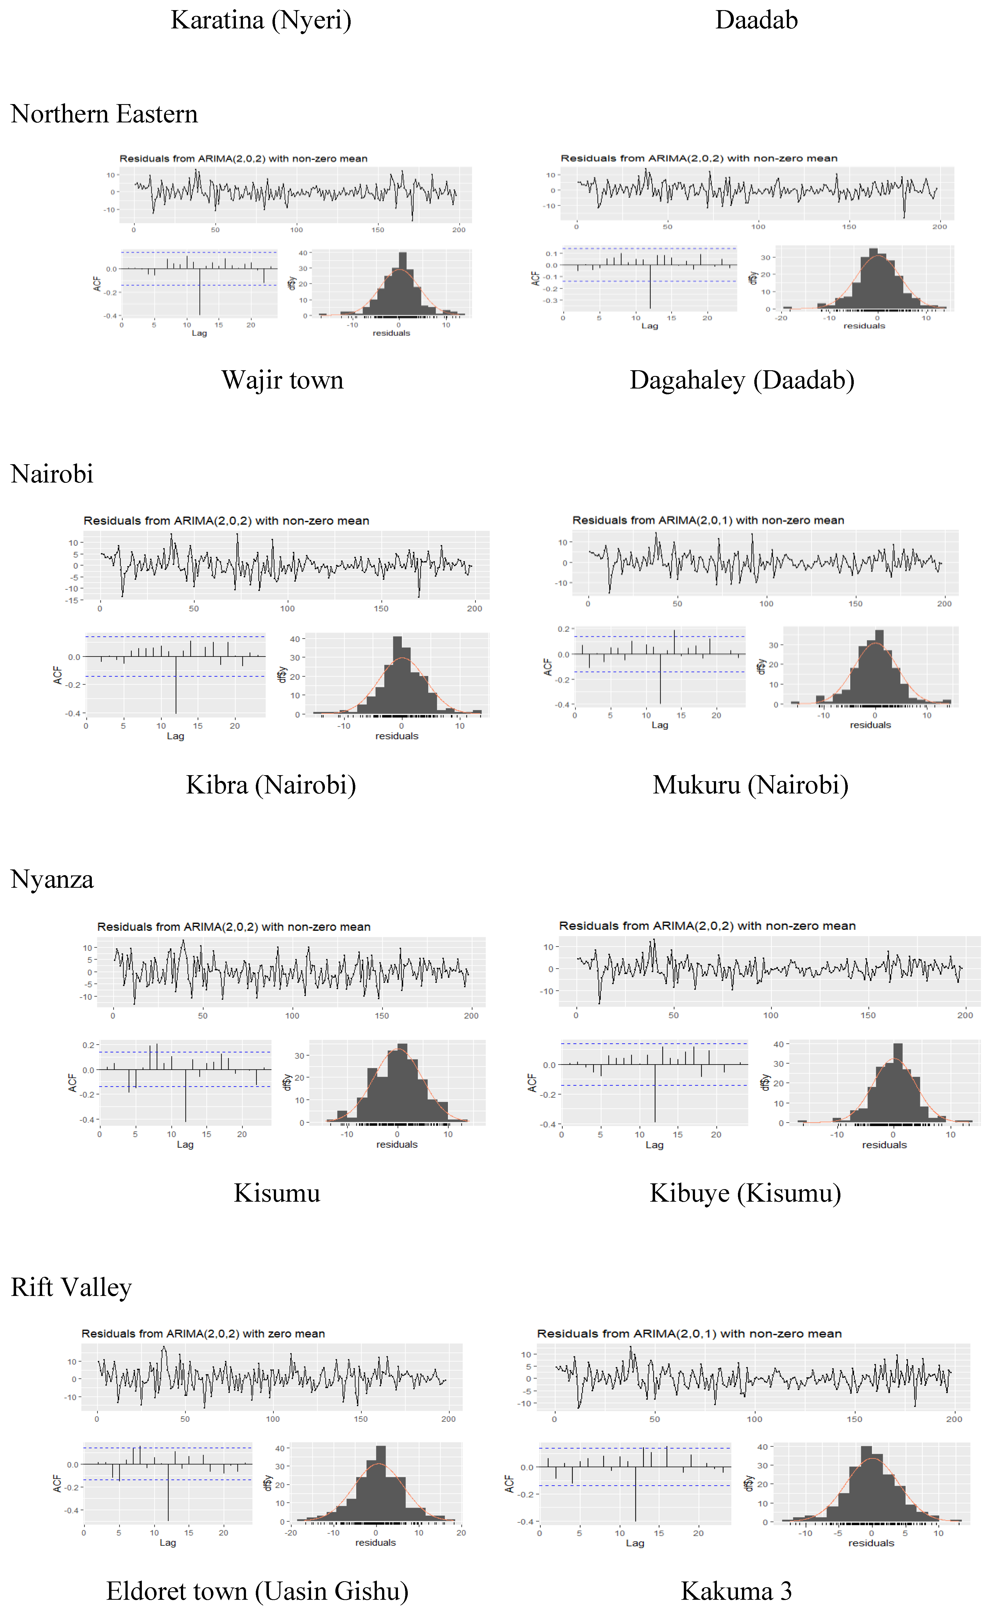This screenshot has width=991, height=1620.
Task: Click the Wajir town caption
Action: click(282, 380)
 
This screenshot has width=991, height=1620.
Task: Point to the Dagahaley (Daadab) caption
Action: click(742, 380)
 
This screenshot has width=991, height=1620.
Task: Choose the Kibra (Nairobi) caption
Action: click(271, 785)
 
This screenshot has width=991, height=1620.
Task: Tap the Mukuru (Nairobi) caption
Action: click(750, 785)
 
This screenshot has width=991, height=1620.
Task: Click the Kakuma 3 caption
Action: click(736, 1591)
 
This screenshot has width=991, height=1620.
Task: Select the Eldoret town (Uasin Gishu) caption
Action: click(257, 1591)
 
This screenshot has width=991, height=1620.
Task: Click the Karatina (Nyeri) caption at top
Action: click(261, 20)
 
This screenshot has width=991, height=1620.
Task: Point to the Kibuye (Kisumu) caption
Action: click(745, 1193)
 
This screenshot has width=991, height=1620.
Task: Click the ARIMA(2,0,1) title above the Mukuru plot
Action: click(708, 520)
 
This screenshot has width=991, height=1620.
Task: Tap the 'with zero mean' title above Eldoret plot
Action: click(203, 1333)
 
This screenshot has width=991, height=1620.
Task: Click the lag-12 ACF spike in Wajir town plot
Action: click(199, 293)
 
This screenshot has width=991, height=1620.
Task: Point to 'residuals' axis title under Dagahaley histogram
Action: click(864, 326)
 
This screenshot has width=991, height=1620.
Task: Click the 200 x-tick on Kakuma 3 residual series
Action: click(954, 1419)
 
